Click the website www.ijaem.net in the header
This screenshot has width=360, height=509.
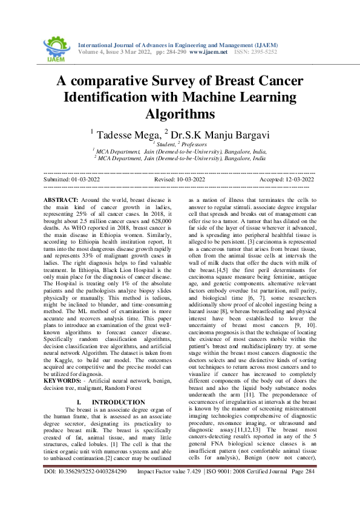coord(208,52)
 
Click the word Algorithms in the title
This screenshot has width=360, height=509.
coord(180,113)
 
